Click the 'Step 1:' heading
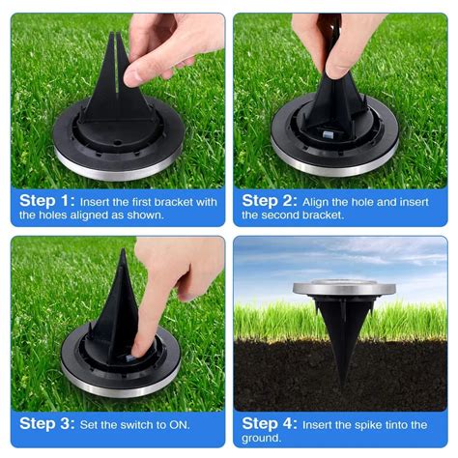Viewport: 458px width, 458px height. click(x=47, y=201)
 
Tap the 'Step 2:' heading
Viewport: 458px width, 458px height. click(x=270, y=201)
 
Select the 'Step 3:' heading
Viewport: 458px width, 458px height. click(x=47, y=424)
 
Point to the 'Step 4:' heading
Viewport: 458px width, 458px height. click(x=270, y=424)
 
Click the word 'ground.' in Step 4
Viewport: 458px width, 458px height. click(x=262, y=439)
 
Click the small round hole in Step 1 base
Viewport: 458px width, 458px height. click(x=118, y=142)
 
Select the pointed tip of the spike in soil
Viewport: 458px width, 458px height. click(x=344, y=386)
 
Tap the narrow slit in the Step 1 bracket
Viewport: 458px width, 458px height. click(x=116, y=64)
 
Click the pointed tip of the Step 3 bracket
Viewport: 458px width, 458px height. click(x=123, y=250)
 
